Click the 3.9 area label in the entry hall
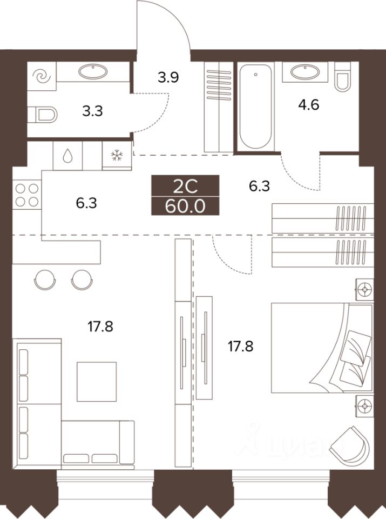tap(168, 77)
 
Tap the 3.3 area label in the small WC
tap(92, 111)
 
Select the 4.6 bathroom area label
tap(308, 105)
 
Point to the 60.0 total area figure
tap(185, 207)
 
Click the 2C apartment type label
tap(185, 187)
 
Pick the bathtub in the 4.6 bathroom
tap(256, 107)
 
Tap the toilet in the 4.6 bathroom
tap(342, 77)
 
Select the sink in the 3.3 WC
tap(93, 70)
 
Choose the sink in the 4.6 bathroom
tap(304, 71)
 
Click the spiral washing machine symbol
tap(42, 77)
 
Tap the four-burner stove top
tap(27, 195)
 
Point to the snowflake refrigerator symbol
tap(117, 156)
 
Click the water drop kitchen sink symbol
tap(67, 156)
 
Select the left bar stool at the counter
tap(45, 280)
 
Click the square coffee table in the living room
tap(97, 382)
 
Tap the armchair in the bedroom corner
tap(350, 444)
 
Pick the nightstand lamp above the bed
tap(364, 289)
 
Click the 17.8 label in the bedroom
tap(240, 347)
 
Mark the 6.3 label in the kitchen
tap(86, 203)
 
